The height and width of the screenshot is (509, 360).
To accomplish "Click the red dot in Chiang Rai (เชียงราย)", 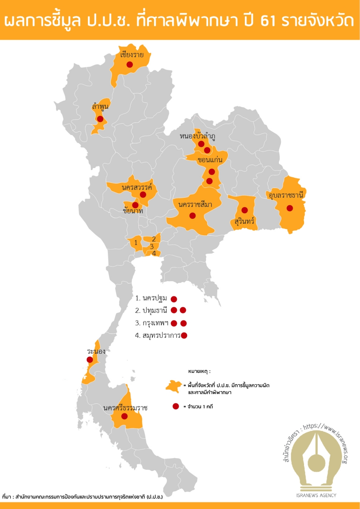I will click(x=129, y=64).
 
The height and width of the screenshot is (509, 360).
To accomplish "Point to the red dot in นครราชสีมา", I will click(x=192, y=216).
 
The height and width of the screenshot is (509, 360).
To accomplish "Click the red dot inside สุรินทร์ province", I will click(x=244, y=210).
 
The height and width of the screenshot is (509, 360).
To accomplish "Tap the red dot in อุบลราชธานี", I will click(x=290, y=208).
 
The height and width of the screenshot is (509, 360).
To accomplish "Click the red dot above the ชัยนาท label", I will click(x=135, y=205).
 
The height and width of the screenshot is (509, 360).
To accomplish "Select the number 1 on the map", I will click(x=136, y=242).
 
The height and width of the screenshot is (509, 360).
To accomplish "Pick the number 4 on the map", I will click(x=154, y=253).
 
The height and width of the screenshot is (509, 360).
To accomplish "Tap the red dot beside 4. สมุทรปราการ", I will click(x=184, y=336).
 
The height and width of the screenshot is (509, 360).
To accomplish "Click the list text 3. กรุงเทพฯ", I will click(x=152, y=323).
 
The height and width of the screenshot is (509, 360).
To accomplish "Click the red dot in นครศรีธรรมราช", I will click(x=124, y=416).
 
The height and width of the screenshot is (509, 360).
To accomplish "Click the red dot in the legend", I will click(x=175, y=407).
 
